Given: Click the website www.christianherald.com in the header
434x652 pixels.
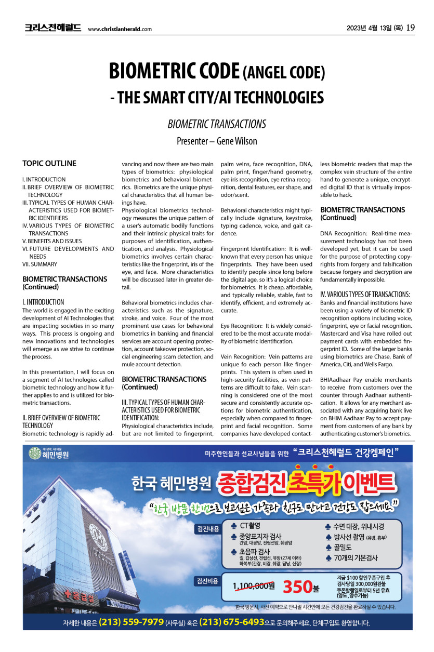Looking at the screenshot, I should click(x=120, y=29).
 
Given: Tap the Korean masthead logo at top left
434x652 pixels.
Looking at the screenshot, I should click(x=52, y=28).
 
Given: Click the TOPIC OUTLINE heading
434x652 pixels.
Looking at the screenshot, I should click(x=49, y=163).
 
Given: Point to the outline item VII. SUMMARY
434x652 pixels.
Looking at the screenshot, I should click(x=40, y=264).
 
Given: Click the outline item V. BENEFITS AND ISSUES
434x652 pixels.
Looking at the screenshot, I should click(x=52, y=241).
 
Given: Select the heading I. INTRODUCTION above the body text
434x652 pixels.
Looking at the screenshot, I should click(x=43, y=302).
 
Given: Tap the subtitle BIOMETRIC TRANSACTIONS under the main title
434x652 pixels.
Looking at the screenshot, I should click(x=217, y=124).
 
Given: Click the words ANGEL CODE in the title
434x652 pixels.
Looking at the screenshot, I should click(x=284, y=73).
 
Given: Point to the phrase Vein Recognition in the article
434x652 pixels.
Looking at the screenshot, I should click(x=243, y=357).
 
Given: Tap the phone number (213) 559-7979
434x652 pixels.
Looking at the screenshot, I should click(x=131, y=622).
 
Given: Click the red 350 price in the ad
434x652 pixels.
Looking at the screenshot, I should click(x=297, y=587).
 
